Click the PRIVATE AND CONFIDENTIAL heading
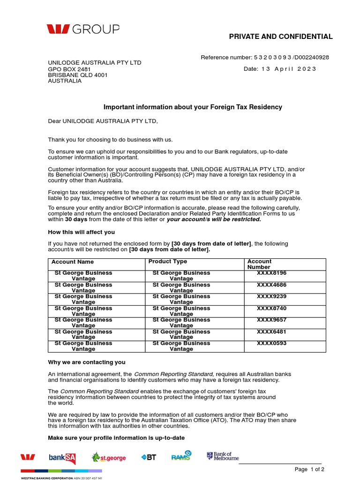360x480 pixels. (280, 37)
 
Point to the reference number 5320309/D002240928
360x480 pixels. (265, 58)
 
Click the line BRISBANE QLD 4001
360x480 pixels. (78, 75)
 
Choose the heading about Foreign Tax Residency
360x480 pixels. (193, 107)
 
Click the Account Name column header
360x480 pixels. (73, 262)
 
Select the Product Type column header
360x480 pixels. (167, 262)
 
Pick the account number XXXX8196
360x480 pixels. (271, 273)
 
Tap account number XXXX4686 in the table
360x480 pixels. (271, 285)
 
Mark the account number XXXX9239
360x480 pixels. (271, 296)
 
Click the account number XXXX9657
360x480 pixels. (271, 320)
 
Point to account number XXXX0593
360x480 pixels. (271, 343)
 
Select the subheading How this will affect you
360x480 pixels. (82, 232)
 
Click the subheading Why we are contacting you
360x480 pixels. (87, 362)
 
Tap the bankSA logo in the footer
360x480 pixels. (62, 457)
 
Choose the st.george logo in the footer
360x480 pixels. (109, 457)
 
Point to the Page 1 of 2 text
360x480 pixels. (309, 470)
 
